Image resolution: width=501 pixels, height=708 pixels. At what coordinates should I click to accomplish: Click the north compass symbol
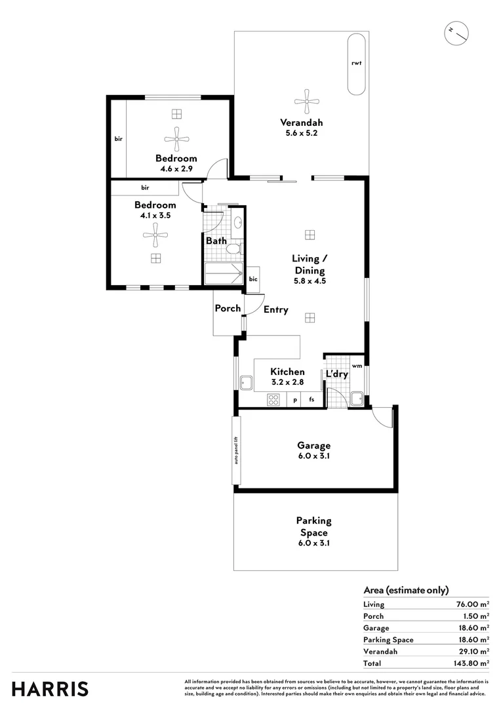455,32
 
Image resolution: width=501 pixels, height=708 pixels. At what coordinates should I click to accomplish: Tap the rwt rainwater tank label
357,64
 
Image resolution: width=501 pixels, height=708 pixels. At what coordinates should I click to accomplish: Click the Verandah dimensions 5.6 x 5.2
302,134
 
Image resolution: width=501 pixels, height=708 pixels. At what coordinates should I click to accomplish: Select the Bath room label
216,241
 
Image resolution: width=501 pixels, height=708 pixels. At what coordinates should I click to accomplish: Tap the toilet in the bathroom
233,249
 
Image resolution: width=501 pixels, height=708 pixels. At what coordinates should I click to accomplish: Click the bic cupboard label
253,279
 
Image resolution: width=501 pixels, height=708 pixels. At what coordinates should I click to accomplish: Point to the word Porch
228,308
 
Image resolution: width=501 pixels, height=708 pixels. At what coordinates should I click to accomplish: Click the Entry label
275,309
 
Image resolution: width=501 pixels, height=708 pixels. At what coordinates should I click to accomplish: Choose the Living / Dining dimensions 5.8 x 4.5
310,281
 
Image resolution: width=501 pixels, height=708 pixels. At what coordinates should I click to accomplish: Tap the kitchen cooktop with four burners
274,399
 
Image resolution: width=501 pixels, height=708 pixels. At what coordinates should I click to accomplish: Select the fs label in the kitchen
312,399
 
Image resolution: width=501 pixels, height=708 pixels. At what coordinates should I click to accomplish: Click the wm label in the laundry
357,365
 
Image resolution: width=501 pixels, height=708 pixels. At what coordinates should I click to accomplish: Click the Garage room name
314,445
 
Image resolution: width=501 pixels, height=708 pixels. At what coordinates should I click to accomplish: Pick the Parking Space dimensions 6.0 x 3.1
313,543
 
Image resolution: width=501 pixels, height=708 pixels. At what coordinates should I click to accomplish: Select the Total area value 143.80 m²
470,663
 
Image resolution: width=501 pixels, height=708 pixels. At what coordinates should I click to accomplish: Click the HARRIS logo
50,688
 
